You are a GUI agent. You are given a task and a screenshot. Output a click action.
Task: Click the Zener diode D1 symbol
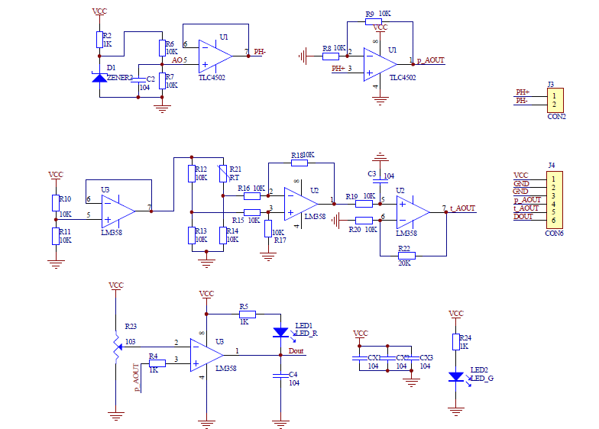(x=99, y=77)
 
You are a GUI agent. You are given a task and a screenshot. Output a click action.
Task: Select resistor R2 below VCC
(x=99, y=40)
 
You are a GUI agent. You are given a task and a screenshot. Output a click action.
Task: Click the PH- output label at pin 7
(x=260, y=53)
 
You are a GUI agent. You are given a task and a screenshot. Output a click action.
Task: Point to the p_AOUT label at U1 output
(x=430, y=60)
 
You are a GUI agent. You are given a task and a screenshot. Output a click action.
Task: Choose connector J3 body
(x=557, y=99)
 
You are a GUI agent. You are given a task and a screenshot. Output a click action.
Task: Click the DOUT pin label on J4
(x=523, y=217)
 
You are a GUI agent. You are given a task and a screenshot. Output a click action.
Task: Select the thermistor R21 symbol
(x=222, y=175)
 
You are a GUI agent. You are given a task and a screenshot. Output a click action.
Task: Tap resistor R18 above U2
(x=299, y=163)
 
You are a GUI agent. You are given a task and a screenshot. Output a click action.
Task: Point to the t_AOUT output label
(x=461, y=208)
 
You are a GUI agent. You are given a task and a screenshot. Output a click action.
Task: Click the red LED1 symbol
(x=280, y=332)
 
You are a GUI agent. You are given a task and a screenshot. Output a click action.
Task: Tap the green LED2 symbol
(x=456, y=376)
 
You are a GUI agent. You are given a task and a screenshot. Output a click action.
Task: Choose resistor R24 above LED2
(x=456, y=342)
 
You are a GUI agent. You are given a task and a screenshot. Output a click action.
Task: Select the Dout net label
(x=296, y=351)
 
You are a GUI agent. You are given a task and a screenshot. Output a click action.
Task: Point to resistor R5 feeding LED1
(x=247, y=314)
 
